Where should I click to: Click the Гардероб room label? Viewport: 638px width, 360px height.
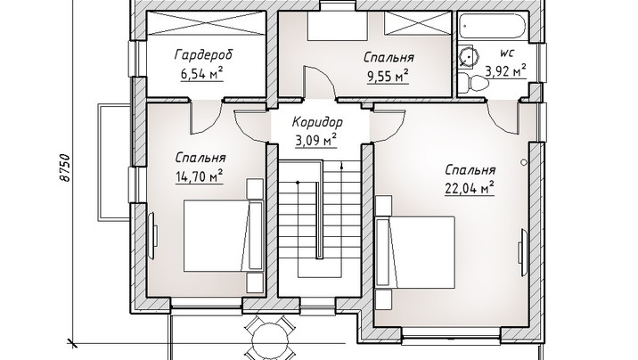pyautogui.click(x=204, y=55)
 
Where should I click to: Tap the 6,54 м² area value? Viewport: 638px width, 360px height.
pyautogui.click(x=201, y=74)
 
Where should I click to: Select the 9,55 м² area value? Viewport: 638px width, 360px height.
pyautogui.click(x=388, y=76)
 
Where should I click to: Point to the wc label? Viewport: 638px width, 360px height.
pyautogui.click(x=507, y=53)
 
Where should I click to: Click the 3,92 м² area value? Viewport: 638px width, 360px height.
pyautogui.click(x=505, y=70)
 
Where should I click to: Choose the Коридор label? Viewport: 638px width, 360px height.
pyautogui.click(x=317, y=121)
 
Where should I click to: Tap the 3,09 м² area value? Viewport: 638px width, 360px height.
pyautogui.click(x=315, y=140)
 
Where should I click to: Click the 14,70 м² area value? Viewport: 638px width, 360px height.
pyautogui.click(x=200, y=176)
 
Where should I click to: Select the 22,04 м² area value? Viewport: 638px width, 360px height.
pyautogui.click(x=470, y=188)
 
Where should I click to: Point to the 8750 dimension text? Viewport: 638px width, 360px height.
pyautogui.click(x=65, y=168)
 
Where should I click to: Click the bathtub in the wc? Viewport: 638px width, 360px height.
pyautogui.click(x=493, y=27)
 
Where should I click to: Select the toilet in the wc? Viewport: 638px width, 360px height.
pyautogui.click(x=474, y=84)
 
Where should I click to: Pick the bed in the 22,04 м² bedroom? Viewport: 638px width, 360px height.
pyautogui.click(x=415, y=252)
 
